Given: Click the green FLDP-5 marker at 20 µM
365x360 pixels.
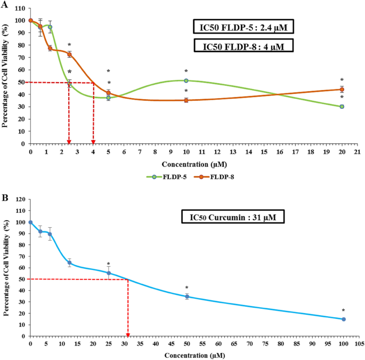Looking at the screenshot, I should click(342, 107).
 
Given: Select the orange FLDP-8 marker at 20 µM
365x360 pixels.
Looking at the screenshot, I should click(342, 90).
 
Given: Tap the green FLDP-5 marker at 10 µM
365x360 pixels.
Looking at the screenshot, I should click(186, 81).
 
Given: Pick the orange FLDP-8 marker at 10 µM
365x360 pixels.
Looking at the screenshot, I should click(186, 100).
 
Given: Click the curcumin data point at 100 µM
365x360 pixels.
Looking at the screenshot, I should click(344, 319).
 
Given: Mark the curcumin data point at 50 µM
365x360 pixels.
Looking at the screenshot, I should click(187, 297).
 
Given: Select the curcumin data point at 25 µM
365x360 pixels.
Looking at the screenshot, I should click(109, 273).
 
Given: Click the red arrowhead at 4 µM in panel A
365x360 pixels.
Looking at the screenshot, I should click(93, 141).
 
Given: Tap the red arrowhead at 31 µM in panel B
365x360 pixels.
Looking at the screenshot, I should click(128, 334).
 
